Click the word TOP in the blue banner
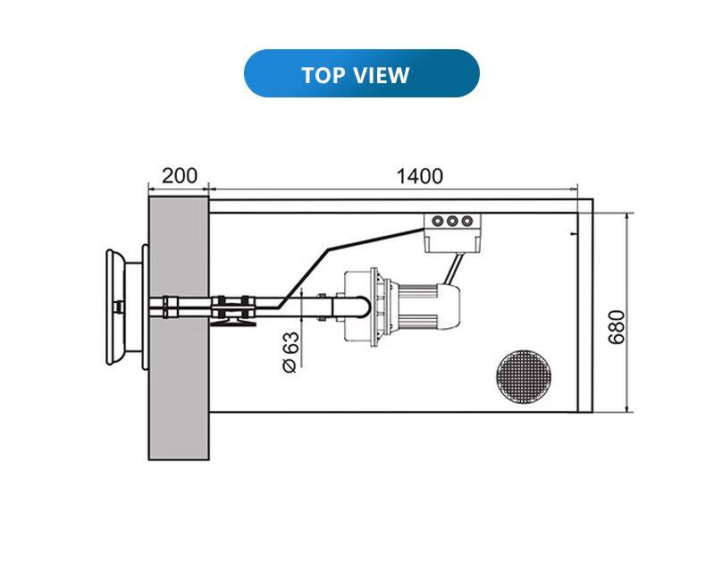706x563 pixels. pyautogui.click(x=322, y=75)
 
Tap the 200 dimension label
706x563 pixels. pyautogui.click(x=180, y=176)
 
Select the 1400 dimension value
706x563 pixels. pyautogui.click(x=420, y=176)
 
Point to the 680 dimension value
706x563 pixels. pyautogui.click(x=617, y=327)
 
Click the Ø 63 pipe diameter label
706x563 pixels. pyautogui.click(x=290, y=352)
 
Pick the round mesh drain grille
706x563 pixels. pyautogui.click(x=523, y=376)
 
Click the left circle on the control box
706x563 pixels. pyautogui.click(x=438, y=221)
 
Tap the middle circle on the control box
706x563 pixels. pyautogui.click(x=452, y=221)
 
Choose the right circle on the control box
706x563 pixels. pyautogui.click(x=467, y=221)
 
